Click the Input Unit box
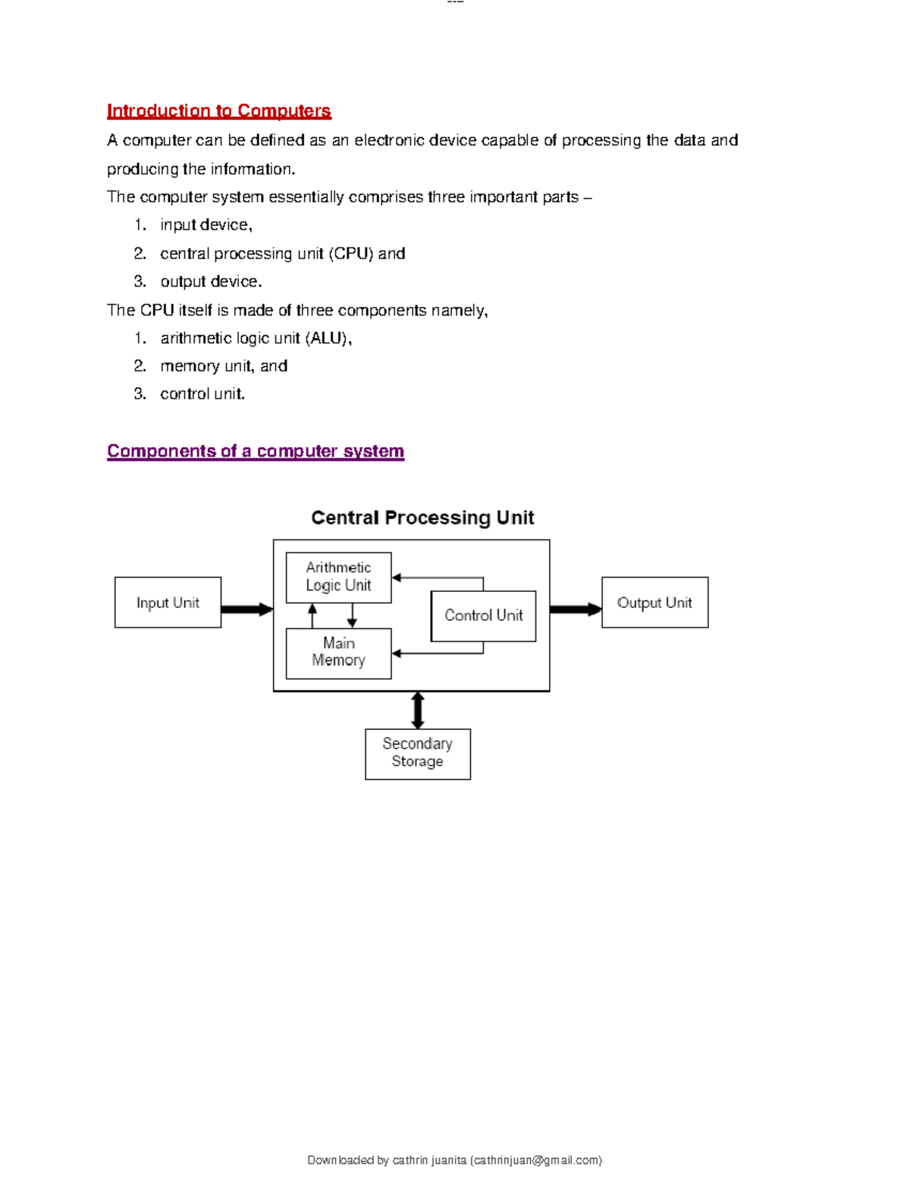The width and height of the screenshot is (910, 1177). point(168,603)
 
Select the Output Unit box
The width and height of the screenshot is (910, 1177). point(654,603)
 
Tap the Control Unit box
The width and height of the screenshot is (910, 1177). point(483,615)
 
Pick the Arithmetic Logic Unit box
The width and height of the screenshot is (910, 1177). point(338,577)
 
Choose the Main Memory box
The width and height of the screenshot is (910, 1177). point(338,653)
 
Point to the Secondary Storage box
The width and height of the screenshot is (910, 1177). point(417,753)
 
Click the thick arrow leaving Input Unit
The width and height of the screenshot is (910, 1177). point(246,609)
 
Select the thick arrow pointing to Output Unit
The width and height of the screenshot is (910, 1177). point(575,609)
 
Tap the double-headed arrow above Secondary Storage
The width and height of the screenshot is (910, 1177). point(417,710)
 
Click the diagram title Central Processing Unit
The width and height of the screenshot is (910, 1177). point(422,518)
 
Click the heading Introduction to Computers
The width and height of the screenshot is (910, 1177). point(218,111)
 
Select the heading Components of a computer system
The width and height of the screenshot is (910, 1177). point(255,451)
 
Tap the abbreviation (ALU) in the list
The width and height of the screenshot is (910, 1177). point(328,338)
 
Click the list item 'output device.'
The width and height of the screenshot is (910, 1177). point(211,281)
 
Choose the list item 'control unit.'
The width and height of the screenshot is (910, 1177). point(202,393)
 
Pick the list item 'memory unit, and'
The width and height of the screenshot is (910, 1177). point(224,366)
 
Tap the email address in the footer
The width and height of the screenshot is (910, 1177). point(535,1160)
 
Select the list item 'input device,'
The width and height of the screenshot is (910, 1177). point(206,225)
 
